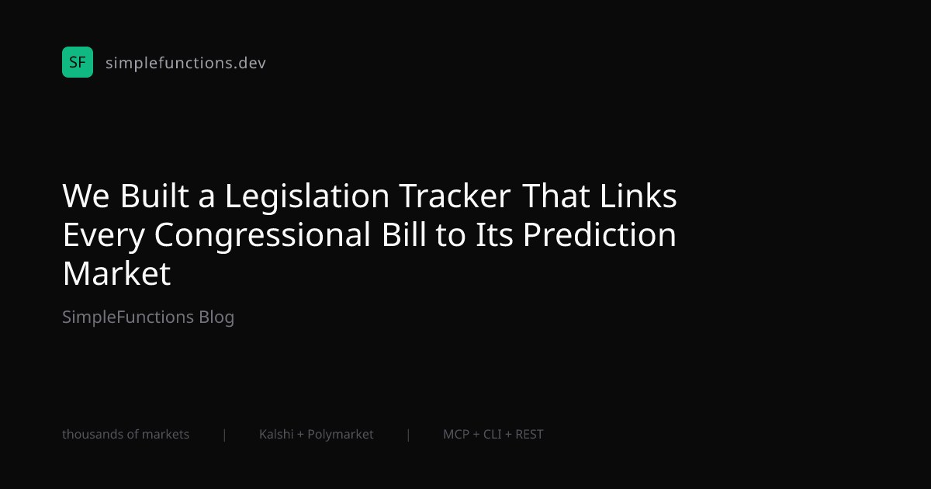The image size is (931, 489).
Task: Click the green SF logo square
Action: click(x=78, y=62)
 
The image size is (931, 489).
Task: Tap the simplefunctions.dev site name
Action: click(x=185, y=63)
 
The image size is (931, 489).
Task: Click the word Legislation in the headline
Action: click(x=307, y=197)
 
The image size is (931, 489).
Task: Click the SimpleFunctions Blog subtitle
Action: click(x=148, y=317)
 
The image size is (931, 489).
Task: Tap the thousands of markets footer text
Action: click(x=126, y=435)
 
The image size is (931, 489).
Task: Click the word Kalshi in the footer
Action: click(x=276, y=435)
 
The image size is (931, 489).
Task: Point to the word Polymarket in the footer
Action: click(x=341, y=435)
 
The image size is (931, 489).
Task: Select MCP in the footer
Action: click(x=456, y=435)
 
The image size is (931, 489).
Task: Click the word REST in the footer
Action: click(x=529, y=435)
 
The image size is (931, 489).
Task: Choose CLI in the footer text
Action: click(x=493, y=435)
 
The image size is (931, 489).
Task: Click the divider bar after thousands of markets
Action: click(x=224, y=435)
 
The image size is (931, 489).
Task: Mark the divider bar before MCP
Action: click(x=408, y=435)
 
